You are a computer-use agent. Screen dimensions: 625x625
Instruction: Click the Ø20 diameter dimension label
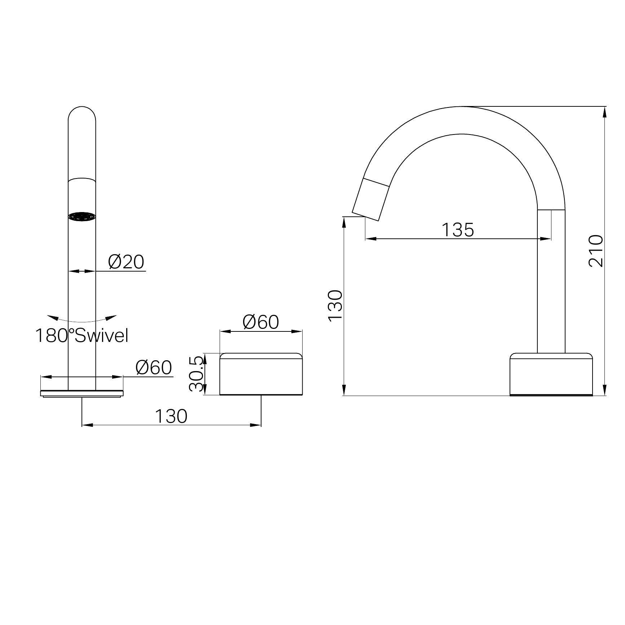(x=126, y=262)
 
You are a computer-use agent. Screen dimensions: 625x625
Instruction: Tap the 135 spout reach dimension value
(x=458, y=230)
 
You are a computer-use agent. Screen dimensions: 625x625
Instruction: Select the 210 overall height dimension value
(x=596, y=251)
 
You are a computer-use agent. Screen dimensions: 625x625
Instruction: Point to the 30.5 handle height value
(x=197, y=374)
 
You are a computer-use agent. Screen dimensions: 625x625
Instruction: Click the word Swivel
(x=101, y=335)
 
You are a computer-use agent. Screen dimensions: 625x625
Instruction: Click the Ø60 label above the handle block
(x=261, y=322)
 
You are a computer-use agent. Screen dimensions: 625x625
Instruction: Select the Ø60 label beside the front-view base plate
(x=154, y=368)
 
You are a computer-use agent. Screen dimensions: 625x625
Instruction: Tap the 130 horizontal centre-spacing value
(x=171, y=416)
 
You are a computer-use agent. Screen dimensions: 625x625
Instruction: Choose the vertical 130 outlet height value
(x=335, y=305)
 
